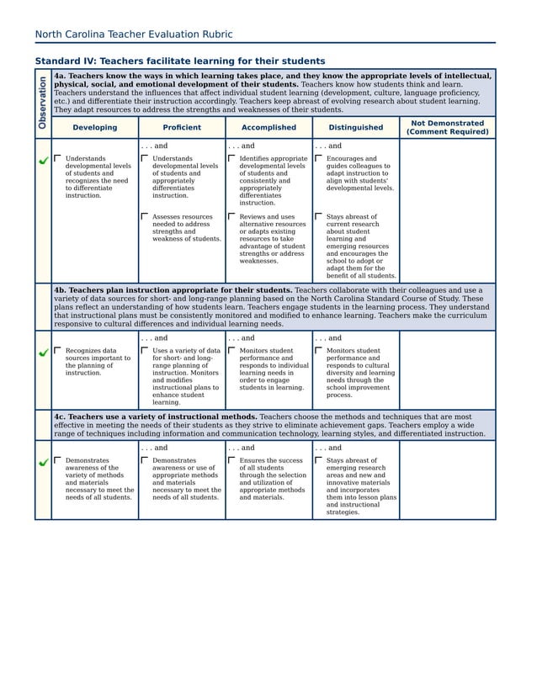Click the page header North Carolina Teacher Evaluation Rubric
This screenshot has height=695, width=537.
tap(134, 34)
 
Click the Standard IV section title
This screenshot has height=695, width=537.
tap(179, 61)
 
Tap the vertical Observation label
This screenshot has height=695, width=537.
tap(42, 103)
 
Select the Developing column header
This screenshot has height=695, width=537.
tap(94, 128)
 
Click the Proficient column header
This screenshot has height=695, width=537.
tap(182, 128)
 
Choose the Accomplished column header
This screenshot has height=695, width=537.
tap(268, 128)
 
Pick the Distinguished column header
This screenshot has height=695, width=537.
tap(355, 128)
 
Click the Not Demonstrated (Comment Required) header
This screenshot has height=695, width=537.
tap(447, 128)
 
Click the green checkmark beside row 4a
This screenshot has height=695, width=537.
tap(43, 160)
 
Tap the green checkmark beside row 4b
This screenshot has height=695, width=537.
tap(43, 353)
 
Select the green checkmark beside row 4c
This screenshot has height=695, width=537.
tap(43, 462)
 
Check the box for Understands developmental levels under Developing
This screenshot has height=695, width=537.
tap(58, 157)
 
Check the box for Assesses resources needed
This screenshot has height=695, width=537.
tap(145, 216)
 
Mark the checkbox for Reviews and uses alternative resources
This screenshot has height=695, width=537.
tap(231, 216)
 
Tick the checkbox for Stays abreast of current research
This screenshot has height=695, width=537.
tap(319, 216)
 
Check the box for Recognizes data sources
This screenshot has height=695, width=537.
tap(58, 350)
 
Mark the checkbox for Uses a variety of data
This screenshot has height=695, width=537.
tap(145, 350)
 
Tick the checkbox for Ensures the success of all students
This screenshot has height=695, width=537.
tap(231, 460)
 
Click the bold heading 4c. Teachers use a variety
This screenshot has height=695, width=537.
tap(155, 416)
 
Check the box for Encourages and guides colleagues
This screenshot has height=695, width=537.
tap(319, 157)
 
